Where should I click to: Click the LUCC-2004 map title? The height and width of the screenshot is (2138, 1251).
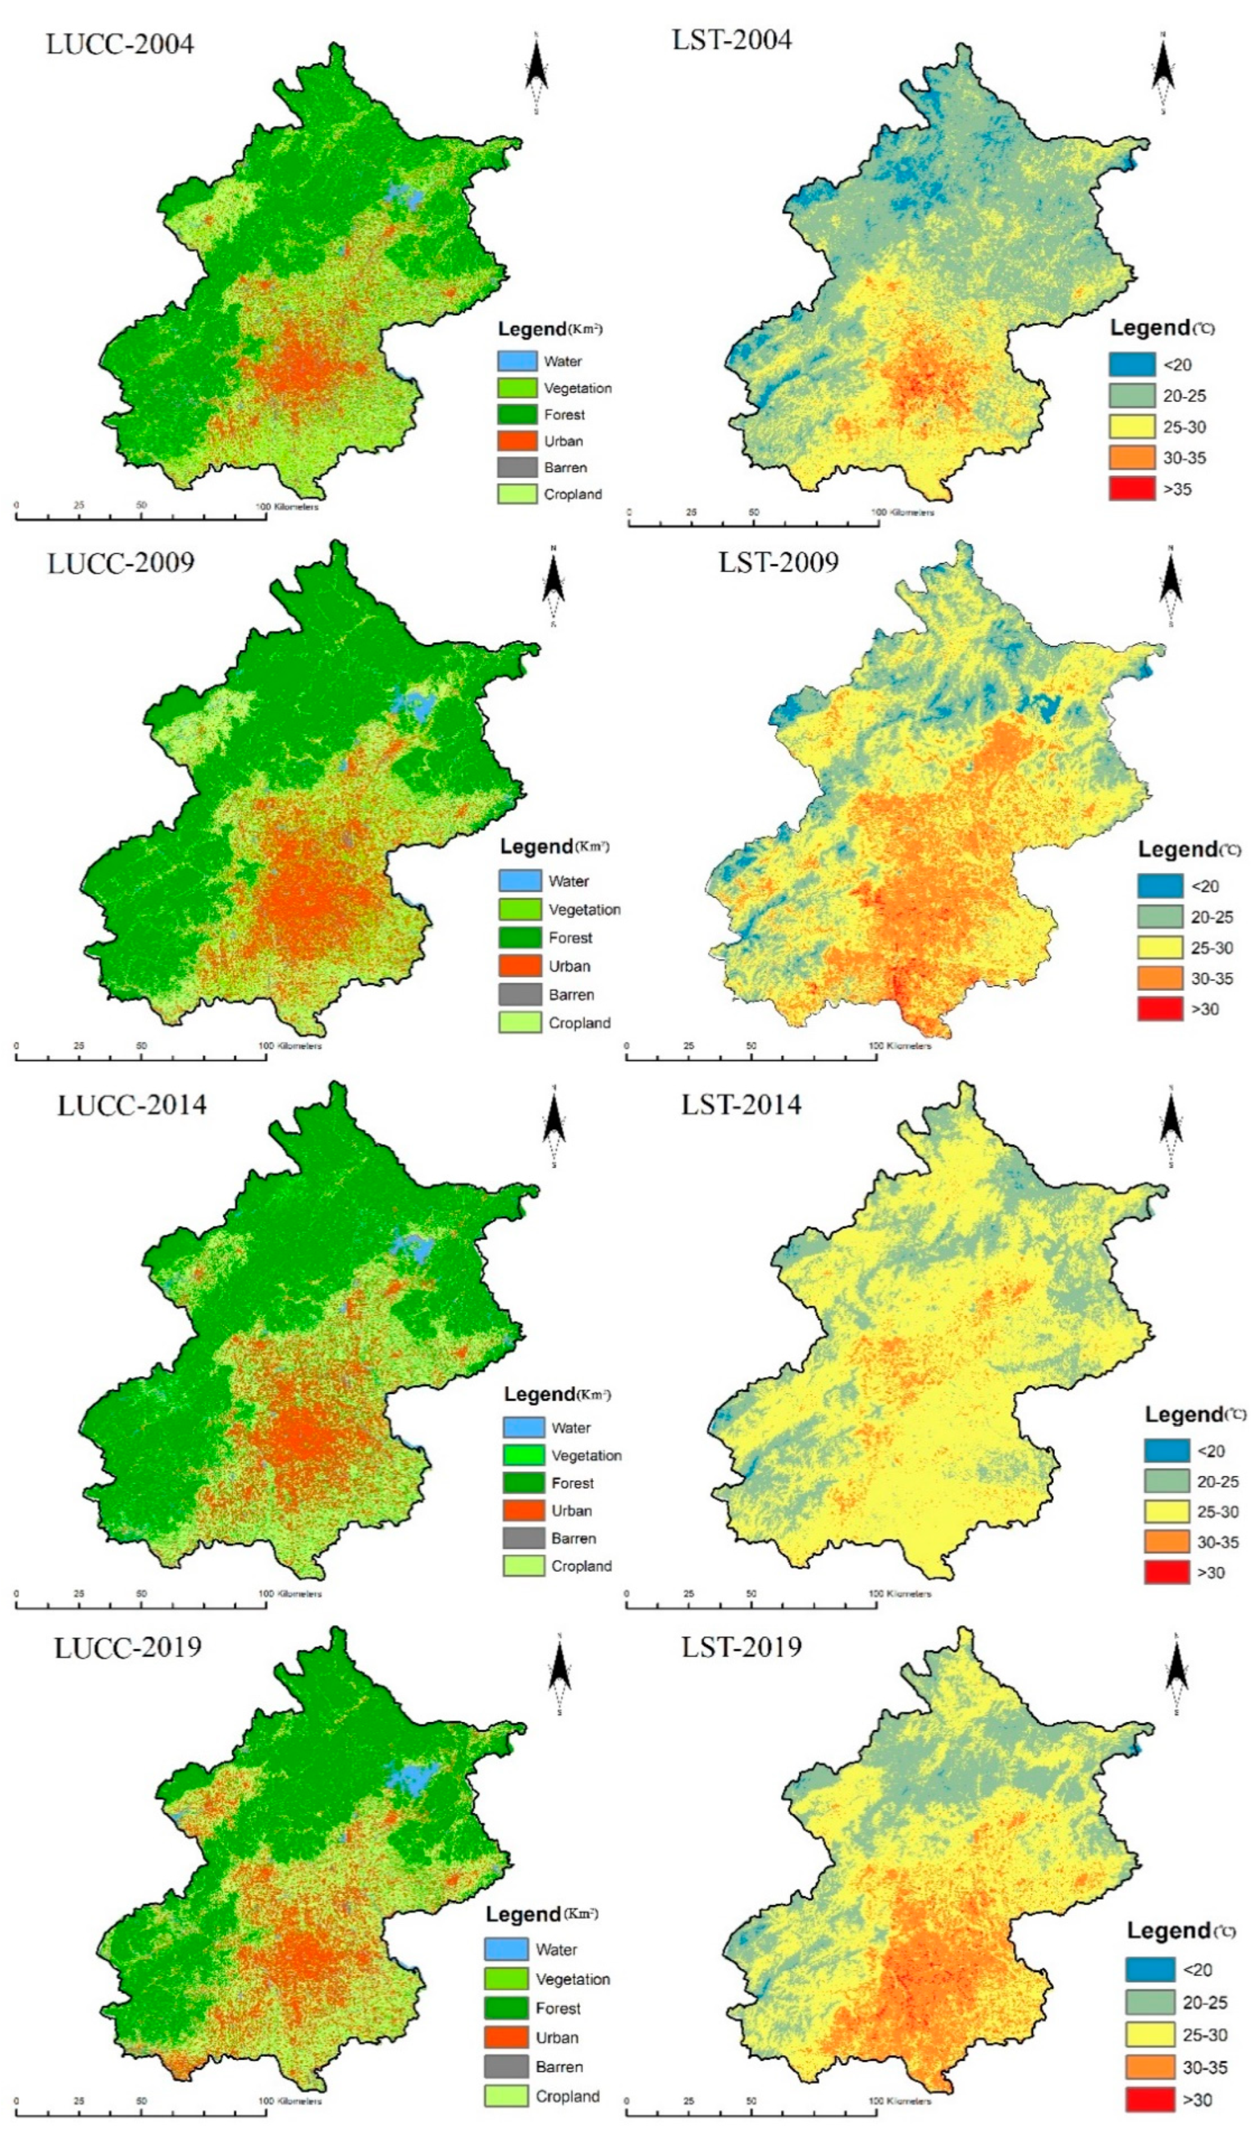click(119, 44)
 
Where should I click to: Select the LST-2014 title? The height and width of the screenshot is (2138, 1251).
click(740, 1105)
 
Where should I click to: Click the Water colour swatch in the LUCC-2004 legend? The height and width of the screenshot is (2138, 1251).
click(517, 361)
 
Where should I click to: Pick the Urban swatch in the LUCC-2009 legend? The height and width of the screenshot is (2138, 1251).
click(519, 965)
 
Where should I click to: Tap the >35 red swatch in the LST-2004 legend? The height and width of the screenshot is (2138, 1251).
click(1132, 489)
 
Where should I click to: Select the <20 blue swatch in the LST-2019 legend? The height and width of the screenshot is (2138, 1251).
click(1149, 1969)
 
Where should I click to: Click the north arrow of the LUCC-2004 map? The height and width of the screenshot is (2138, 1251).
click(536, 72)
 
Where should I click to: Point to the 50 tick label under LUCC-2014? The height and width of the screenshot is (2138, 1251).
click(141, 1593)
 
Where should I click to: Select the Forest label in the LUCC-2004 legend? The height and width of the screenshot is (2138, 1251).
click(564, 415)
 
